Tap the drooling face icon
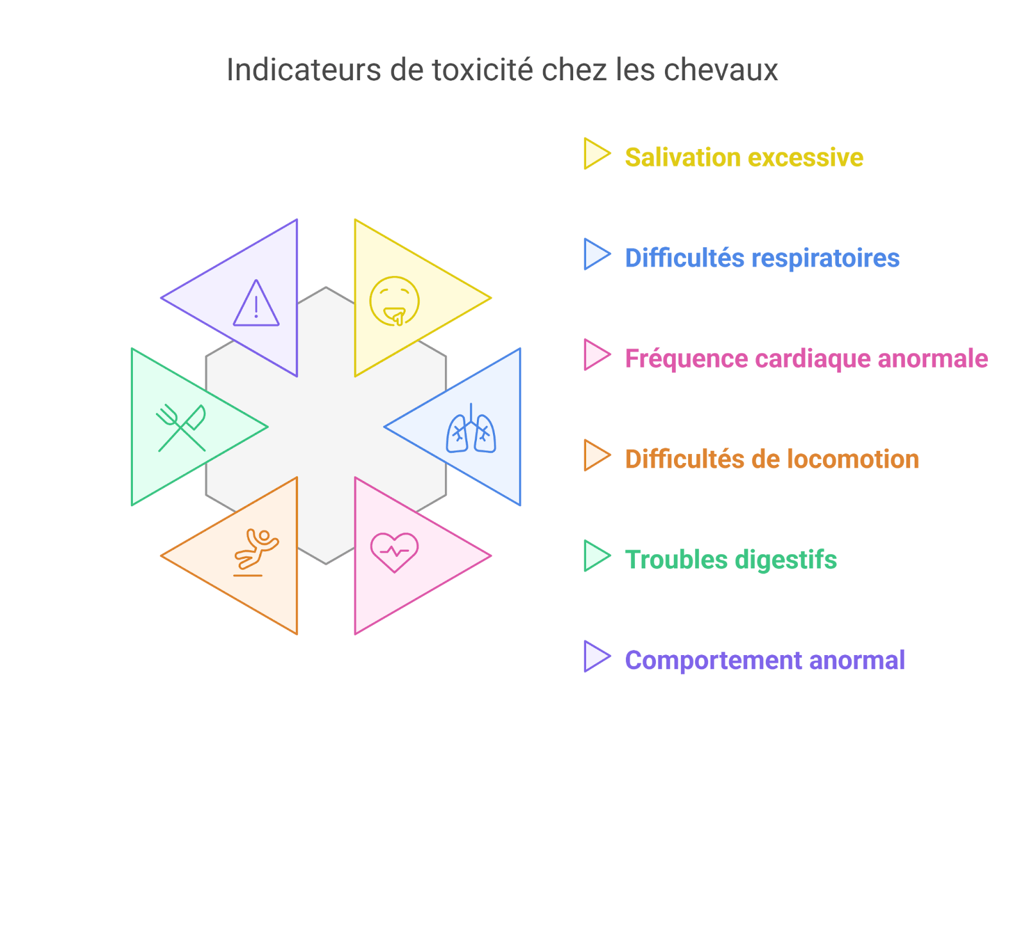(394, 301)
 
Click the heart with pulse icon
(394, 552)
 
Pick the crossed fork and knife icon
(181, 428)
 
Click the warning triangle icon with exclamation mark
(256, 304)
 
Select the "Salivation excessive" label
(744, 157)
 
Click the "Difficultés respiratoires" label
(762, 258)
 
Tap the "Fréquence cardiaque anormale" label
(806, 358)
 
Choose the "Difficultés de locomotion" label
(772, 459)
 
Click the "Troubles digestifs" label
(730, 559)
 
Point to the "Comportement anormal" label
(764, 660)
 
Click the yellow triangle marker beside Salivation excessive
(594, 154)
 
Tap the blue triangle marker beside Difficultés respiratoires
(594, 254)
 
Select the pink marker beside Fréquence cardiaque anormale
(594, 355)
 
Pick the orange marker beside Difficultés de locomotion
(594, 455)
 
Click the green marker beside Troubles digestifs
(594, 556)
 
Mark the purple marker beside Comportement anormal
(594, 656)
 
